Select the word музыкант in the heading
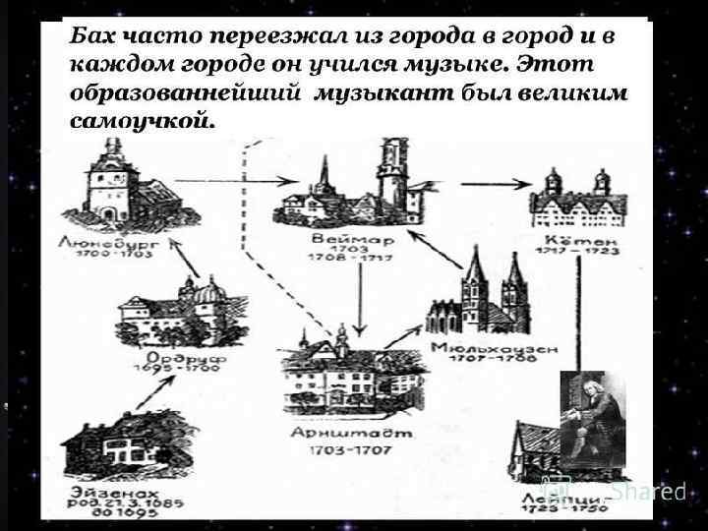(x=383, y=93)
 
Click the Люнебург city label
(x=104, y=239)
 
